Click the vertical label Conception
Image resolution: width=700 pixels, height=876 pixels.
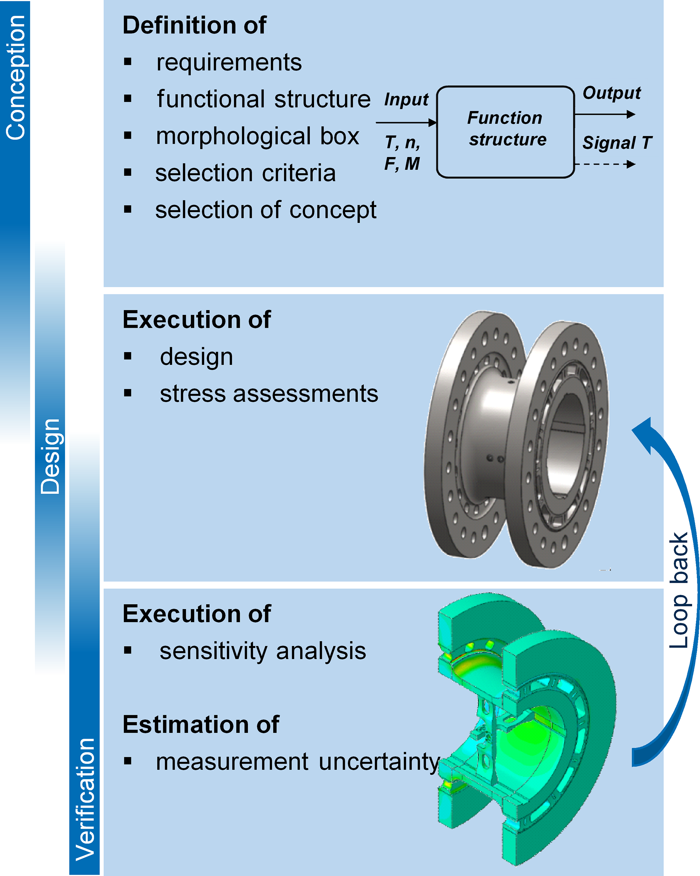(16, 77)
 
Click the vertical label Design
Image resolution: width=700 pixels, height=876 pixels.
(50, 456)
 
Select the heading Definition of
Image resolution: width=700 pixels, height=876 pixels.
(194, 25)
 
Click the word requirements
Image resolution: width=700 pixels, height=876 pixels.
(229, 63)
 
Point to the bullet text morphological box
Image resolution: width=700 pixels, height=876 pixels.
(258, 136)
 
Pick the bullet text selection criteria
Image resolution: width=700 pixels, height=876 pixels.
(246, 173)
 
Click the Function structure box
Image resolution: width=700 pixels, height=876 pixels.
(505, 132)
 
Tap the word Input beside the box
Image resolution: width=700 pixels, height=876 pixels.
(406, 100)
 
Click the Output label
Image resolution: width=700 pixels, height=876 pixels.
(611, 93)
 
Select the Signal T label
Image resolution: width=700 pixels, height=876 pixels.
(617, 143)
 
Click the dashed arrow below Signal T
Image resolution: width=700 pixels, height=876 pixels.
(605, 165)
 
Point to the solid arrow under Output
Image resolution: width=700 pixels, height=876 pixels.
(605, 114)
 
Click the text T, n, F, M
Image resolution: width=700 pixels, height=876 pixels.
(402, 153)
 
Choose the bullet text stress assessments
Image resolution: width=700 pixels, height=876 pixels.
(269, 394)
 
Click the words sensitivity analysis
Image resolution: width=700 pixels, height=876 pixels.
(262, 651)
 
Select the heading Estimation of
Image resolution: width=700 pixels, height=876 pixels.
(201, 724)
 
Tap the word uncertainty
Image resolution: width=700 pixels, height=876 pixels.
(379, 762)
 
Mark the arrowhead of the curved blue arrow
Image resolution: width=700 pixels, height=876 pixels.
(644, 433)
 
